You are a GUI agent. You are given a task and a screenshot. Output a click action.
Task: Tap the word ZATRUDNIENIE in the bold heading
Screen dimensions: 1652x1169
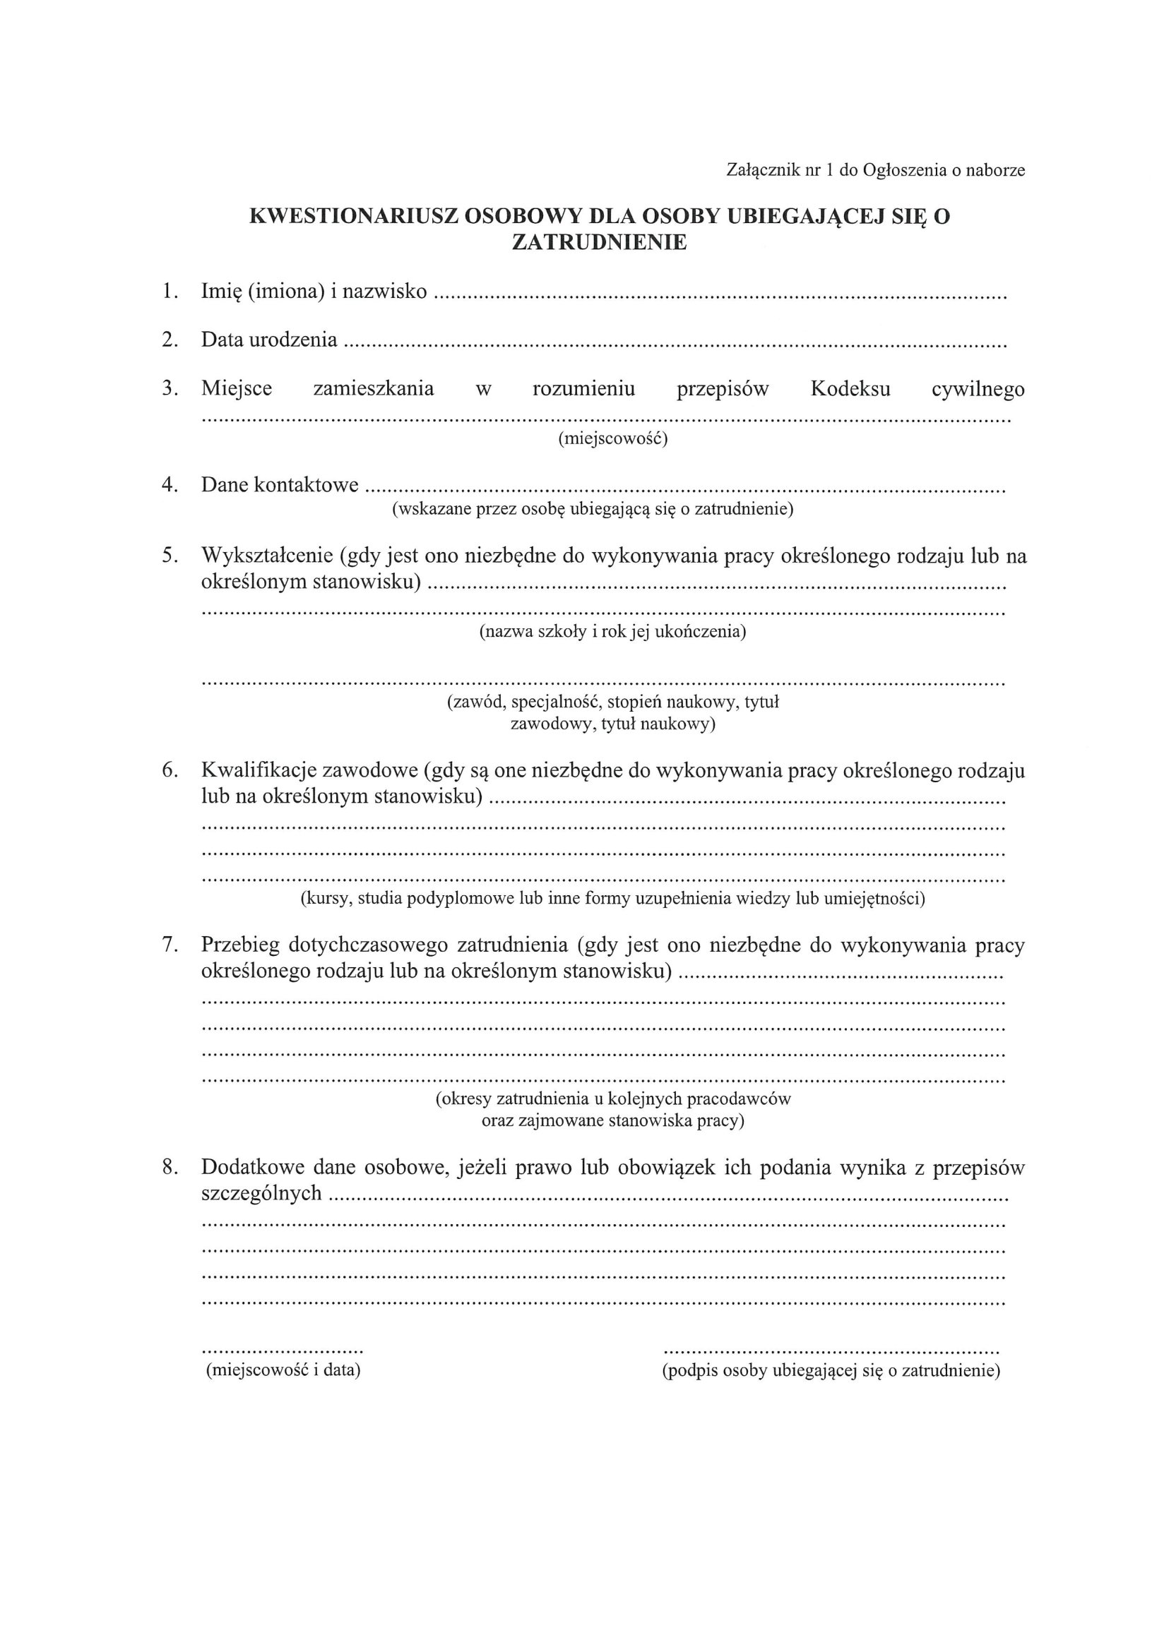[x=599, y=243]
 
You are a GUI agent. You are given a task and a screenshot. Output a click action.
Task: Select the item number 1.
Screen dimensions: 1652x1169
[x=170, y=292]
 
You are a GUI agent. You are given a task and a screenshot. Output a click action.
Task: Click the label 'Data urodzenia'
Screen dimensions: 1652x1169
[x=269, y=340]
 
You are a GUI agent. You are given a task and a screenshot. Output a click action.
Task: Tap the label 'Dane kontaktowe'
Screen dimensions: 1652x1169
[x=279, y=485]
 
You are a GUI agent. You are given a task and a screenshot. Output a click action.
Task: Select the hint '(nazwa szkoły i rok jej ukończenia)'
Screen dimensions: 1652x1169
[x=612, y=632]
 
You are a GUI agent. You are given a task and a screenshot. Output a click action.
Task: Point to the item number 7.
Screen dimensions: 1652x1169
[x=170, y=945]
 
